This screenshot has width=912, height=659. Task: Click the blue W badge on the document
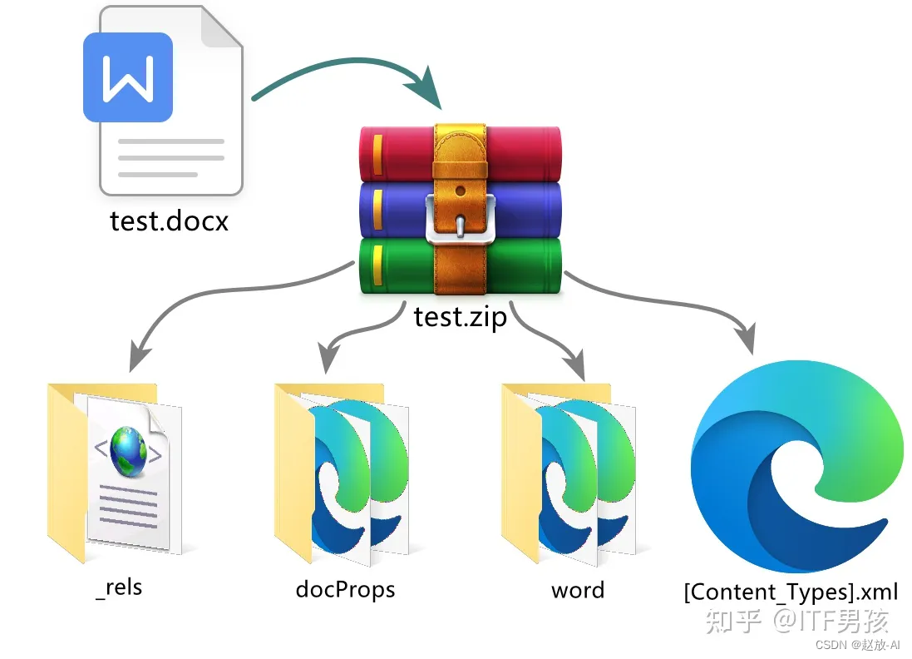click(128, 77)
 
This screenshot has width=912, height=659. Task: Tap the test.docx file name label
click(169, 220)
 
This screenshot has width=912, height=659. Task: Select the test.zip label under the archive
click(460, 316)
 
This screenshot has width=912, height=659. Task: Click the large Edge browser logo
click(796, 466)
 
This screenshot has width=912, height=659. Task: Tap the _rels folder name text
click(118, 587)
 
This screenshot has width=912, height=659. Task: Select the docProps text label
click(345, 590)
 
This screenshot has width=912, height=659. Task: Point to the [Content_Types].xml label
click(791, 592)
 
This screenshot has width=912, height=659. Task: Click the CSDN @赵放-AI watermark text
click(857, 645)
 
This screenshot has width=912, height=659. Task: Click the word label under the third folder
click(577, 590)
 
